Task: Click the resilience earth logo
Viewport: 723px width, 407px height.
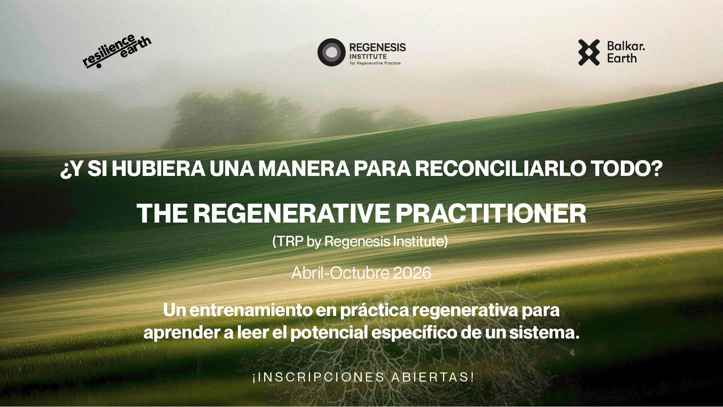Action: coord(117,51)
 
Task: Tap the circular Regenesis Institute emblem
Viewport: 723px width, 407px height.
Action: coord(331,52)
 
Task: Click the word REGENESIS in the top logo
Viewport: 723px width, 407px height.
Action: coord(378,47)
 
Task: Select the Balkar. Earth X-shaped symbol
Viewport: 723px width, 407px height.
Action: coord(589,52)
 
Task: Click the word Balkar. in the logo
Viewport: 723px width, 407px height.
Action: coord(626,46)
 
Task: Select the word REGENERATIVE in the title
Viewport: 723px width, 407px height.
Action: coord(292,213)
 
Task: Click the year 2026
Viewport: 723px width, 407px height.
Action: coord(412,273)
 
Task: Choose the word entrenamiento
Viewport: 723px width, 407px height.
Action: coord(251,310)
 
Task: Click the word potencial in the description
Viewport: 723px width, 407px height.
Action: coord(329,333)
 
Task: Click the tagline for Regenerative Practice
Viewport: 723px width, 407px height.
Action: coord(375,63)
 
